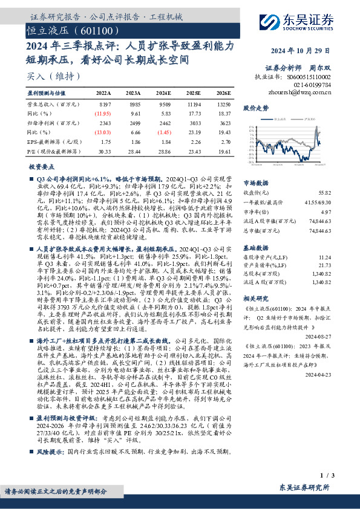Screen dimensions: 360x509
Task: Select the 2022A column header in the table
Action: click(103, 94)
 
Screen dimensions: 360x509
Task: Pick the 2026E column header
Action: click(223, 94)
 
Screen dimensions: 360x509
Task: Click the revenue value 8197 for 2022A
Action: click(103, 104)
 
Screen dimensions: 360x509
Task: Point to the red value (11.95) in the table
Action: click(102, 113)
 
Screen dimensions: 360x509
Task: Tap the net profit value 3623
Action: click(224, 122)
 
